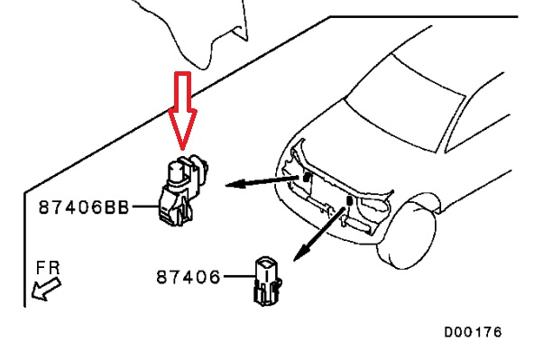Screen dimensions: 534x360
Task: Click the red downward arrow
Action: [182, 111]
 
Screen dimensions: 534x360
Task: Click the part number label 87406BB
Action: [84, 208]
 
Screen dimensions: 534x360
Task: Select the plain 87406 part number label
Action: [188, 277]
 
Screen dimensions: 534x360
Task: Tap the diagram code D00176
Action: [473, 332]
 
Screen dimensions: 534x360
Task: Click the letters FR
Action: [48, 268]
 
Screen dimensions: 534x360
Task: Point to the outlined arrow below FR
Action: [46, 290]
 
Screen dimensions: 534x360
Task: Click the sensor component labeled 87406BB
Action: [183, 190]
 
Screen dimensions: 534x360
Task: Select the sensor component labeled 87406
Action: [268, 282]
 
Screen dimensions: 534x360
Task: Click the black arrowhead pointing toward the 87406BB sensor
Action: [235, 184]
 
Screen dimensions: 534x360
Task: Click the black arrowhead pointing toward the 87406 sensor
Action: [301, 253]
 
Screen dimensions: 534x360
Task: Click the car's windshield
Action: [405, 102]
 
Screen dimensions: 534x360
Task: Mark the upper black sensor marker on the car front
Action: [307, 177]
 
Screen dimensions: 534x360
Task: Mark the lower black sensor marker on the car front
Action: [349, 200]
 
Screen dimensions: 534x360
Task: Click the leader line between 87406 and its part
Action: [239, 276]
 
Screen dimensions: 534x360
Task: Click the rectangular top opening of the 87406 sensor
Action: [267, 263]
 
